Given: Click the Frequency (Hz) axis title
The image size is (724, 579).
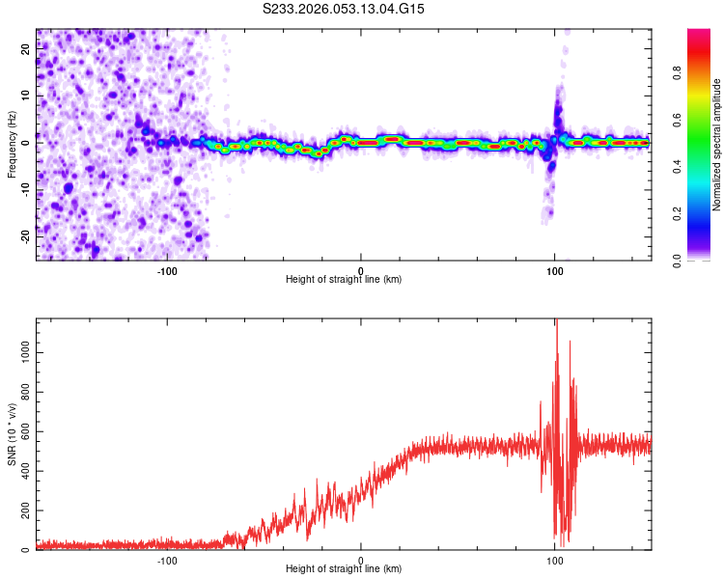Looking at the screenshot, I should click(12, 145).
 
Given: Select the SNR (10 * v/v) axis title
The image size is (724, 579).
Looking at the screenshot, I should click(12, 435).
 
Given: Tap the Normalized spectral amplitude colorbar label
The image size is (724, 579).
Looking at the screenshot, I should click(717, 145).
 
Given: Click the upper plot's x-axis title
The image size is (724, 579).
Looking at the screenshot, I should click(344, 279).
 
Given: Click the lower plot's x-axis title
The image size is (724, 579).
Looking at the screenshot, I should click(344, 568).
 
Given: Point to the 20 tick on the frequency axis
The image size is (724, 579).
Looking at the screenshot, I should click(26, 50).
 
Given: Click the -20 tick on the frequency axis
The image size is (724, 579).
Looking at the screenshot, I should click(24, 234).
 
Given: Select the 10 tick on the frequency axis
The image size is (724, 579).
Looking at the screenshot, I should click(26, 96).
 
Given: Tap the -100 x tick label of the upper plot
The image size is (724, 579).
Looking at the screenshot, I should click(167, 269).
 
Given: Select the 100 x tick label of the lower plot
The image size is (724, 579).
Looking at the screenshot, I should click(554, 559).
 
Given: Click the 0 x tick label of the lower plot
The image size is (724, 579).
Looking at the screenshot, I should click(361, 559).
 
